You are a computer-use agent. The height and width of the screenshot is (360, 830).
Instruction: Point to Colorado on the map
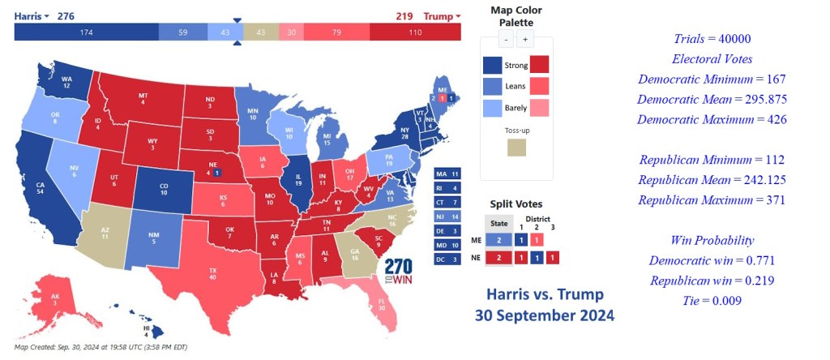coord(163,188)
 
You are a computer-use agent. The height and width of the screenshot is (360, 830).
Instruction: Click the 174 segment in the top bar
coord(86,32)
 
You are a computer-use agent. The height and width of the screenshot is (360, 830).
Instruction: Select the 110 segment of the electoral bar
coord(415,32)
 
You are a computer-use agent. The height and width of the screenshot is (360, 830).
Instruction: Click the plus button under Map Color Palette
coord(524,39)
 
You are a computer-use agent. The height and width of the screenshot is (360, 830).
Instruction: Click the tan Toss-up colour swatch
coord(516,147)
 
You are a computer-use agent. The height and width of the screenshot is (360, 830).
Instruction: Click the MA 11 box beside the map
coord(447,174)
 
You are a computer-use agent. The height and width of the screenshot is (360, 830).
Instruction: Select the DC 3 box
coord(447,259)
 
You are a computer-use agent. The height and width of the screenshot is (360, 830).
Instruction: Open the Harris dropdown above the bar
coord(32,16)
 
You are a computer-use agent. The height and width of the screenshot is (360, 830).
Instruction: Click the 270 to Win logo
coord(398,271)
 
